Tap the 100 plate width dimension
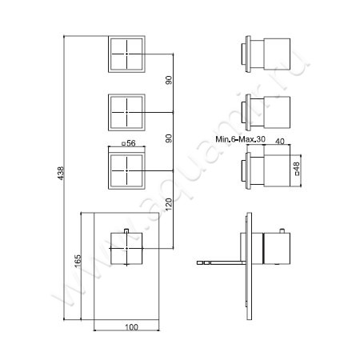pyautogui.click(x=132, y=326)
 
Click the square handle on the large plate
pyautogui.click(x=126, y=246)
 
